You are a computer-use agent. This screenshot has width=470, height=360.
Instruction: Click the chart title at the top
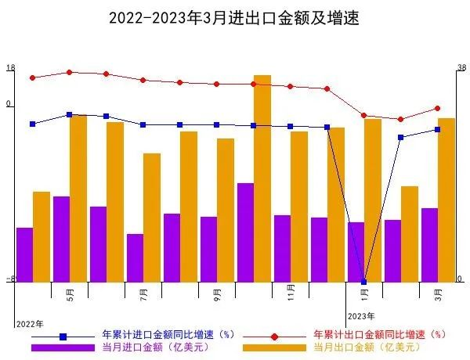pyautogui.click(x=234, y=17)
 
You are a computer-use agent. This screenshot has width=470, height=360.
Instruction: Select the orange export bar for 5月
pyautogui.click(x=78, y=198)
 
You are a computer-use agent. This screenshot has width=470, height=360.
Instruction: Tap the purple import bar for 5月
pyautogui.click(x=61, y=239)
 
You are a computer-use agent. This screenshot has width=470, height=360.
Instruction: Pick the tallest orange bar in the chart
pyautogui.click(x=262, y=178)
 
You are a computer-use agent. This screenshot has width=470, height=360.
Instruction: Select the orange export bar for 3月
pyautogui.click(x=446, y=200)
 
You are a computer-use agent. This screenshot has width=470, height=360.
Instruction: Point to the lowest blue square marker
pyautogui.click(x=363, y=282)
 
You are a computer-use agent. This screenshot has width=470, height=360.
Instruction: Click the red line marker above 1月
pyautogui.click(x=363, y=116)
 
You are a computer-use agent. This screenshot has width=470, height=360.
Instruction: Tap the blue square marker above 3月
pyautogui.click(x=437, y=130)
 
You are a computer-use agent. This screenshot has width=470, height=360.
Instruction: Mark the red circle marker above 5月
pyautogui.click(x=70, y=72)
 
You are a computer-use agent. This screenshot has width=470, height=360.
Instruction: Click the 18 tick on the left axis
pyautogui.click(x=10, y=68)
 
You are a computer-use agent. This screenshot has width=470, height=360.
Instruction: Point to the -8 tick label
pyautogui.click(x=10, y=279)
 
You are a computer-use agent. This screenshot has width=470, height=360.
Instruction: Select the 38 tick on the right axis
pyautogui.click(x=461, y=68)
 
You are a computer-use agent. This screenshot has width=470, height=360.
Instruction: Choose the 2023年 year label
pyautogui.click(x=361, y=316)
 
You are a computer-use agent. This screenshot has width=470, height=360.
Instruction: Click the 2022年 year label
pyautogui.click(x=30, y=323)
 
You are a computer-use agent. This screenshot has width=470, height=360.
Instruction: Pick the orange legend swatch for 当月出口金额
pyautogui.click(x=274, y=347)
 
